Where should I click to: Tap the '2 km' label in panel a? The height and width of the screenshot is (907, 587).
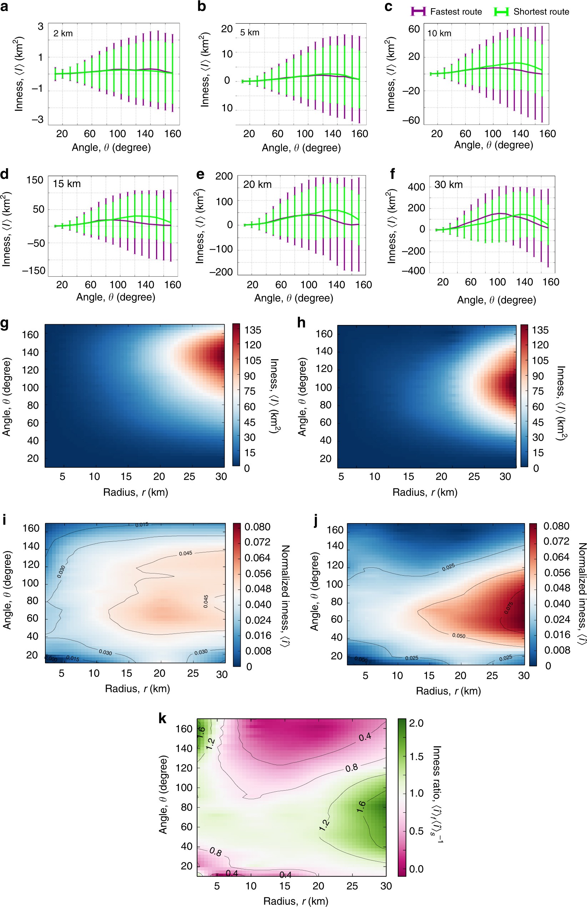click(x=63, y=34)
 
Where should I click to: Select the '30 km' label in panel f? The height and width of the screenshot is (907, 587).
click(x=448, y=185)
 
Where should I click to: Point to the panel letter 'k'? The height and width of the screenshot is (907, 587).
click(x=162, y=718)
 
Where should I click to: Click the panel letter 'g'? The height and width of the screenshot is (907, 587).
click(x=5, y=323)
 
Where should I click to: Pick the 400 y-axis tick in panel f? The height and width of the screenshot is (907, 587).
click(x=416, y=187)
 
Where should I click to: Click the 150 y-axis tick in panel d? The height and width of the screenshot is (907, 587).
click(x=35, y=180)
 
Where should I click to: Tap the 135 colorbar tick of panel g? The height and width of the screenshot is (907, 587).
click(x=253, y=330)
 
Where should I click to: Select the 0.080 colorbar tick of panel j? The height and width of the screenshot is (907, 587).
click(x=556, y=526)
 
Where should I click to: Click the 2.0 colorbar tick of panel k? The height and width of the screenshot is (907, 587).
click(x=416, y=723)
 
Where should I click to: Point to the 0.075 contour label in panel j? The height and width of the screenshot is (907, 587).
click(x=509, y=608)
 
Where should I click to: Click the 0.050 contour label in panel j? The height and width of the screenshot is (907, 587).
click(x=458, y=636)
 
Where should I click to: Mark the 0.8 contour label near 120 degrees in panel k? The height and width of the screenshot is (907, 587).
click(x=351, y=768)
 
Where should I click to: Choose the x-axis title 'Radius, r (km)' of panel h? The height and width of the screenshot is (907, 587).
click(x=425, y=492)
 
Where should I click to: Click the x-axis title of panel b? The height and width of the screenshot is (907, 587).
click(x=301, y=148)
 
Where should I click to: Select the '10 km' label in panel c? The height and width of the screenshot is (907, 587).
click(x=439, y=34)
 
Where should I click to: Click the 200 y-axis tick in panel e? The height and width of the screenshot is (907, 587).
click(x=224, y=176)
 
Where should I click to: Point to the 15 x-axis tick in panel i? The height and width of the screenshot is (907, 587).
click(x=126, y=673)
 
